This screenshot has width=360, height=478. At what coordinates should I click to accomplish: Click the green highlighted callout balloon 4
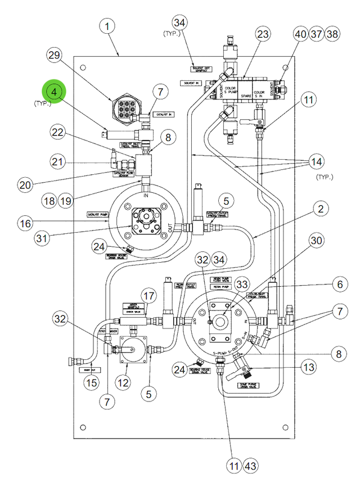coord(54,92)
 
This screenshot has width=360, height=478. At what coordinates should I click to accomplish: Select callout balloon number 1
coord(107,26)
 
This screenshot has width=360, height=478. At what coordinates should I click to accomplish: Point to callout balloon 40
coord(300,34)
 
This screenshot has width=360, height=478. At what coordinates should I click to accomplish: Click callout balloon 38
coord(332,34)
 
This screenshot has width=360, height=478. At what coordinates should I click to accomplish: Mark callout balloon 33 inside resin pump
coord(242,285)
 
